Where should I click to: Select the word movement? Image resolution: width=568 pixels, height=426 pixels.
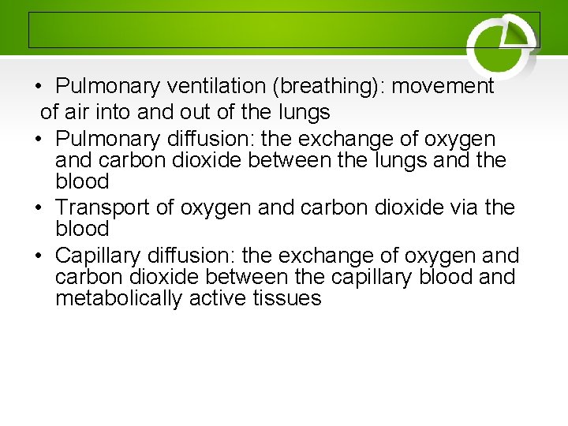pos(443,86)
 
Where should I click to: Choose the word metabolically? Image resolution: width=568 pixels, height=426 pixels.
pos(119,298)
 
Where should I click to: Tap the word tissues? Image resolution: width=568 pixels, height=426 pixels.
pos(288,298)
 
